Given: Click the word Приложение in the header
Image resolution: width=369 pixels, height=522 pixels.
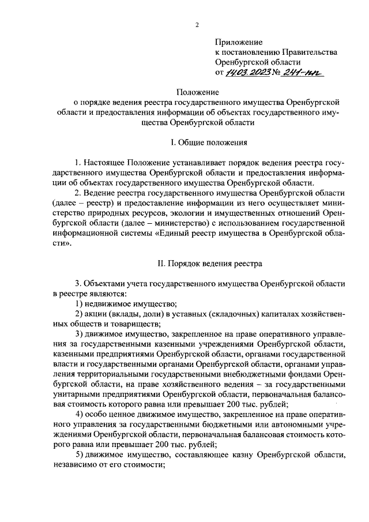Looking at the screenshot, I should pyautogui.click(x=239, y=42).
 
